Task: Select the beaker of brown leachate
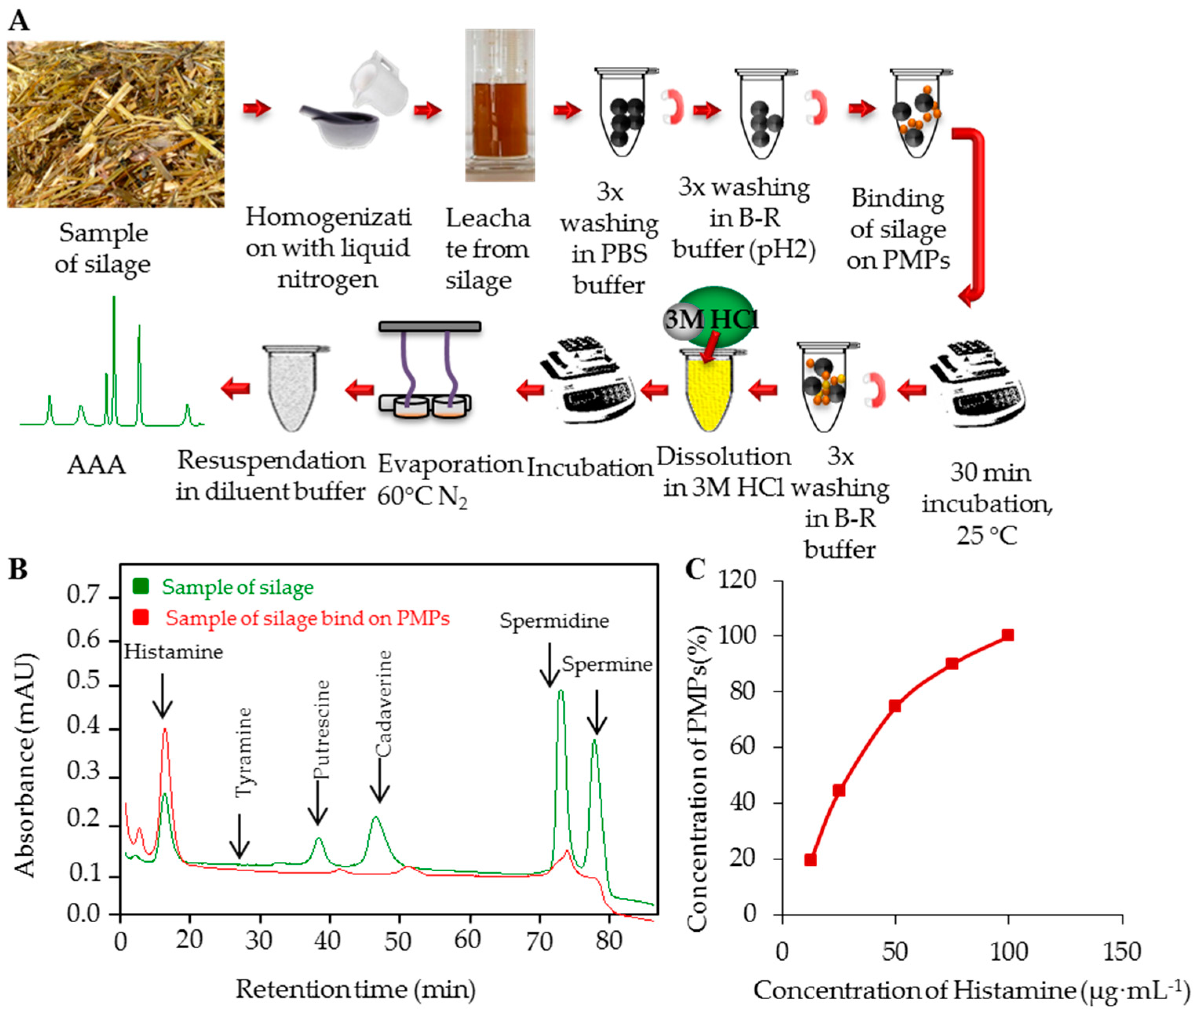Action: [499, 106]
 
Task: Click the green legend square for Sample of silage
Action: [140, 586]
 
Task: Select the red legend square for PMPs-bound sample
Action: [140, 617]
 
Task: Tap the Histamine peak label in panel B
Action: [173, 652]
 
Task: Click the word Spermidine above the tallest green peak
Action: [554, 621]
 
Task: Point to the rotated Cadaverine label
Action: [383, 704]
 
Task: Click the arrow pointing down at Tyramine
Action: [239, 836]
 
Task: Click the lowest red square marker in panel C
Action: [810, 859]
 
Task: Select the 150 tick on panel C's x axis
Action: [1121, 952]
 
